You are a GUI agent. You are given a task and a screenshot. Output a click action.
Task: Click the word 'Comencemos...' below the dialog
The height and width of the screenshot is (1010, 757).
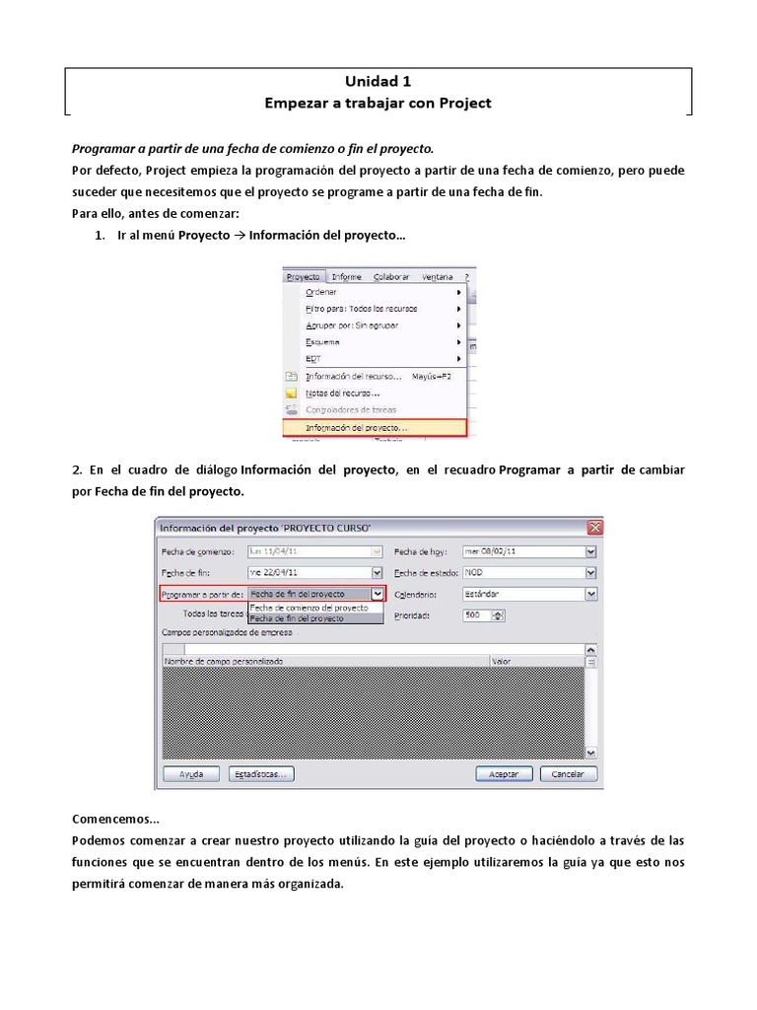[x=115, y=819]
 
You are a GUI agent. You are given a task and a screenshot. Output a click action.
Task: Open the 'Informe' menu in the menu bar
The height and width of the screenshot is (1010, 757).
[x=346, y=277]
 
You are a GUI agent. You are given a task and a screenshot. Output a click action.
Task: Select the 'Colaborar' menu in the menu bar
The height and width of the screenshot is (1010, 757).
[x=390, y=277]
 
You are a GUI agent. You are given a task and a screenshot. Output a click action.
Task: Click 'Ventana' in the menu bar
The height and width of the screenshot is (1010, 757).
[x=438, y=277]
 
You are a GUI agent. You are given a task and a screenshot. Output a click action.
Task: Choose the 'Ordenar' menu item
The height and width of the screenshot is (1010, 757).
[x=321, y=292]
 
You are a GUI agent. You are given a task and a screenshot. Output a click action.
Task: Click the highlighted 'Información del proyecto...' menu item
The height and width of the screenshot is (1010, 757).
[x=356, y=428]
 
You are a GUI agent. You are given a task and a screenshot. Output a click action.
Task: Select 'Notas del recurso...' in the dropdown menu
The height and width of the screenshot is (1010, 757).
[x=342, y=393]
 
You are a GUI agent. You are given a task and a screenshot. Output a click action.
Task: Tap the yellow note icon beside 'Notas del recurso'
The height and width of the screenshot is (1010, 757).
[x=291, y=393]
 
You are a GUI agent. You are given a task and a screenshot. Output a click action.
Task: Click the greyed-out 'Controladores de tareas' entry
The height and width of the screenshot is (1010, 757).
[x=351, y=409]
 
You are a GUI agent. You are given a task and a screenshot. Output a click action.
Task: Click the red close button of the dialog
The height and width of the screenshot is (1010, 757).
[x=593, y=527]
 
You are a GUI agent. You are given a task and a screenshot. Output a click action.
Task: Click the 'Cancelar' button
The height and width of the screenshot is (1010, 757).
[x=568, y=774]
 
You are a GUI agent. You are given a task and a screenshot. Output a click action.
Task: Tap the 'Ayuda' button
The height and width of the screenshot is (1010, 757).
[x=191, y=774]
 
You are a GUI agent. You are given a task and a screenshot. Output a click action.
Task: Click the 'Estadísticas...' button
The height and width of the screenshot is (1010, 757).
[x=261, y=774]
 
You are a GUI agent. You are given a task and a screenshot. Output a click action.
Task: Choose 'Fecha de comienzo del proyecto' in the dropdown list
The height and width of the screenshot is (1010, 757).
[x=310, y=608]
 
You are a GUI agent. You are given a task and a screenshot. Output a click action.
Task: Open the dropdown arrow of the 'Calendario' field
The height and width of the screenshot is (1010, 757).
[x=590, y=594]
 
